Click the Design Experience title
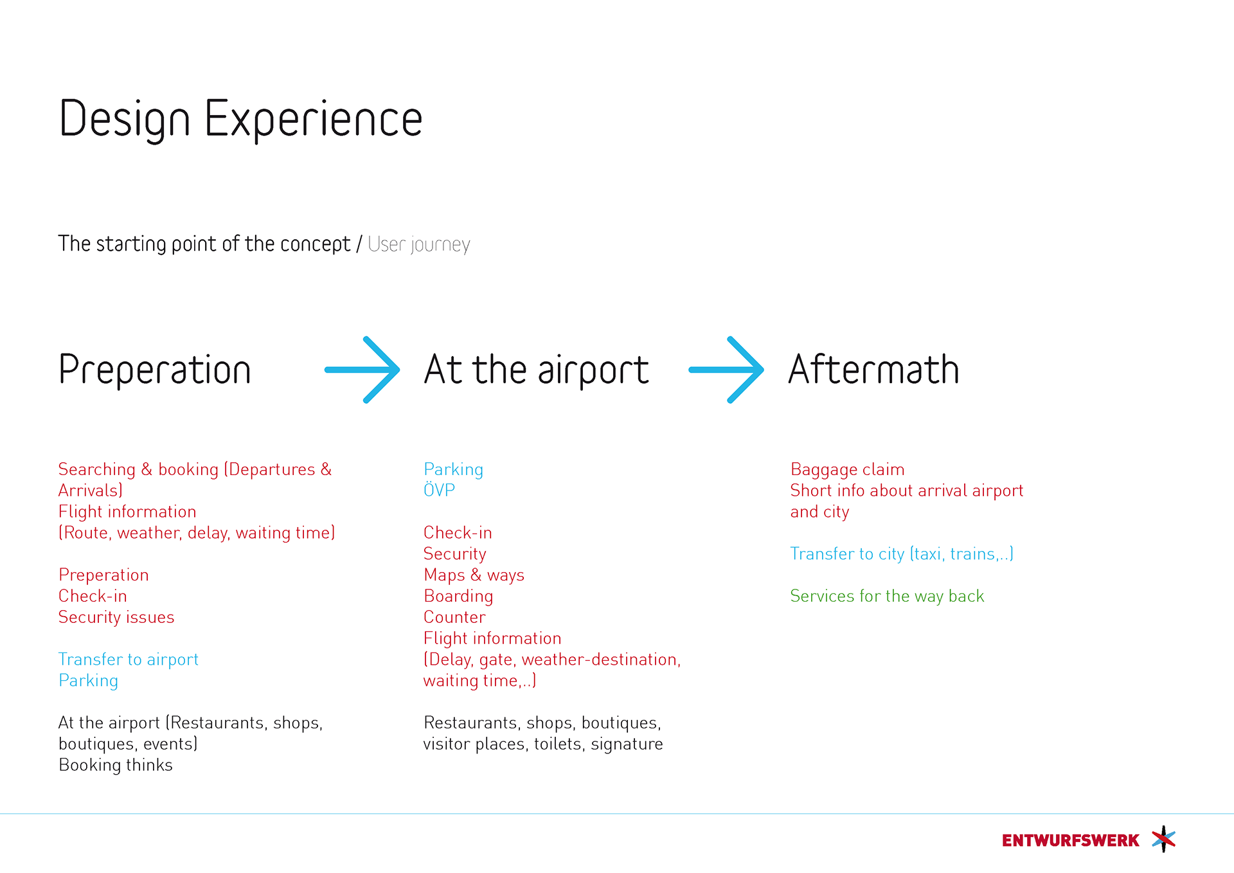[240, 120]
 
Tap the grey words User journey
[419, 244]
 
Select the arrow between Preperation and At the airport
[362, 370]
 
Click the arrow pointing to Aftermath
[726, 370]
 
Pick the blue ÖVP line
[439, 490]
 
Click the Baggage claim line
[847, 470]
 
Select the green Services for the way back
[887, 597]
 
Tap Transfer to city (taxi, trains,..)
[902, 554]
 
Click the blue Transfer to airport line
[129, 660]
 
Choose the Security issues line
[116, 617]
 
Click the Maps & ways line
[474, 575]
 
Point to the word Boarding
[458, 597]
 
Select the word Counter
[454, 617]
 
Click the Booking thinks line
[116, 765]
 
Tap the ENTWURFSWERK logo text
[1070, 840]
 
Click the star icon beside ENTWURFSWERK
[1163, 839]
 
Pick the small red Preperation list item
[103, 575]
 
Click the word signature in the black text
[627, 744]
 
